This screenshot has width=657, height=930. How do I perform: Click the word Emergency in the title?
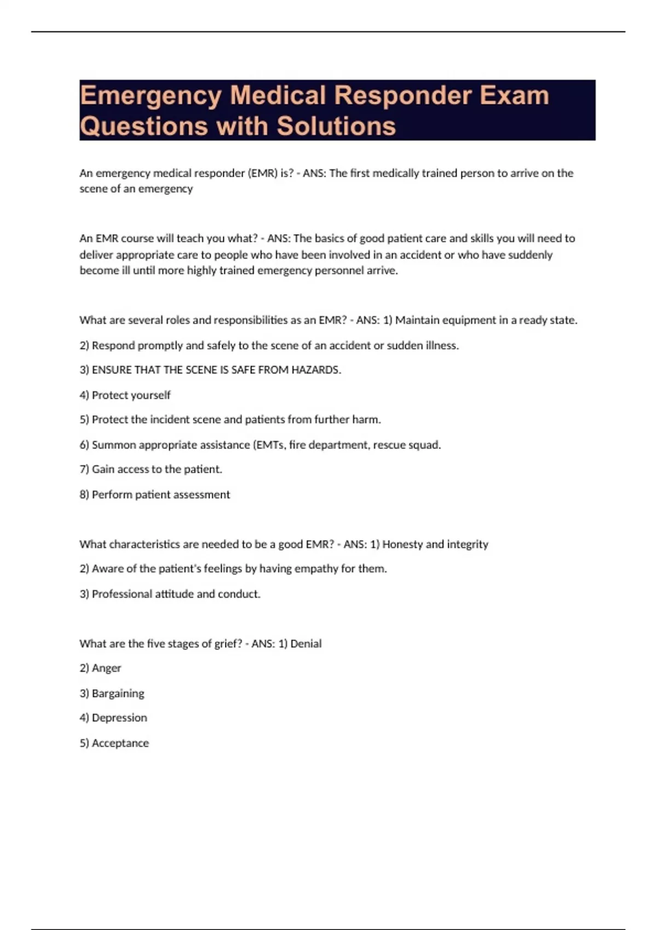point(151,96)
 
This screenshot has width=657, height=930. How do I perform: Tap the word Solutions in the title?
point(336,126)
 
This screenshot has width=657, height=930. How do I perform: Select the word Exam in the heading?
point(515,96)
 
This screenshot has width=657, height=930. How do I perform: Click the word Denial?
point(306,644)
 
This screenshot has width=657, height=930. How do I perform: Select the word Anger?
point(106,669)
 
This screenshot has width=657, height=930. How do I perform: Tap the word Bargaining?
point(118,694)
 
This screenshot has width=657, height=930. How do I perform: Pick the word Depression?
point(119,718)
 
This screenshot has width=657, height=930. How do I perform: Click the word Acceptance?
point(120,743)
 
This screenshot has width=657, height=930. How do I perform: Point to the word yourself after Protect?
point(151,396)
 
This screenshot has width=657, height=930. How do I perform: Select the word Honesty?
point(402,544)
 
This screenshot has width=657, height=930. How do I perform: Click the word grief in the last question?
point(226,644)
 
